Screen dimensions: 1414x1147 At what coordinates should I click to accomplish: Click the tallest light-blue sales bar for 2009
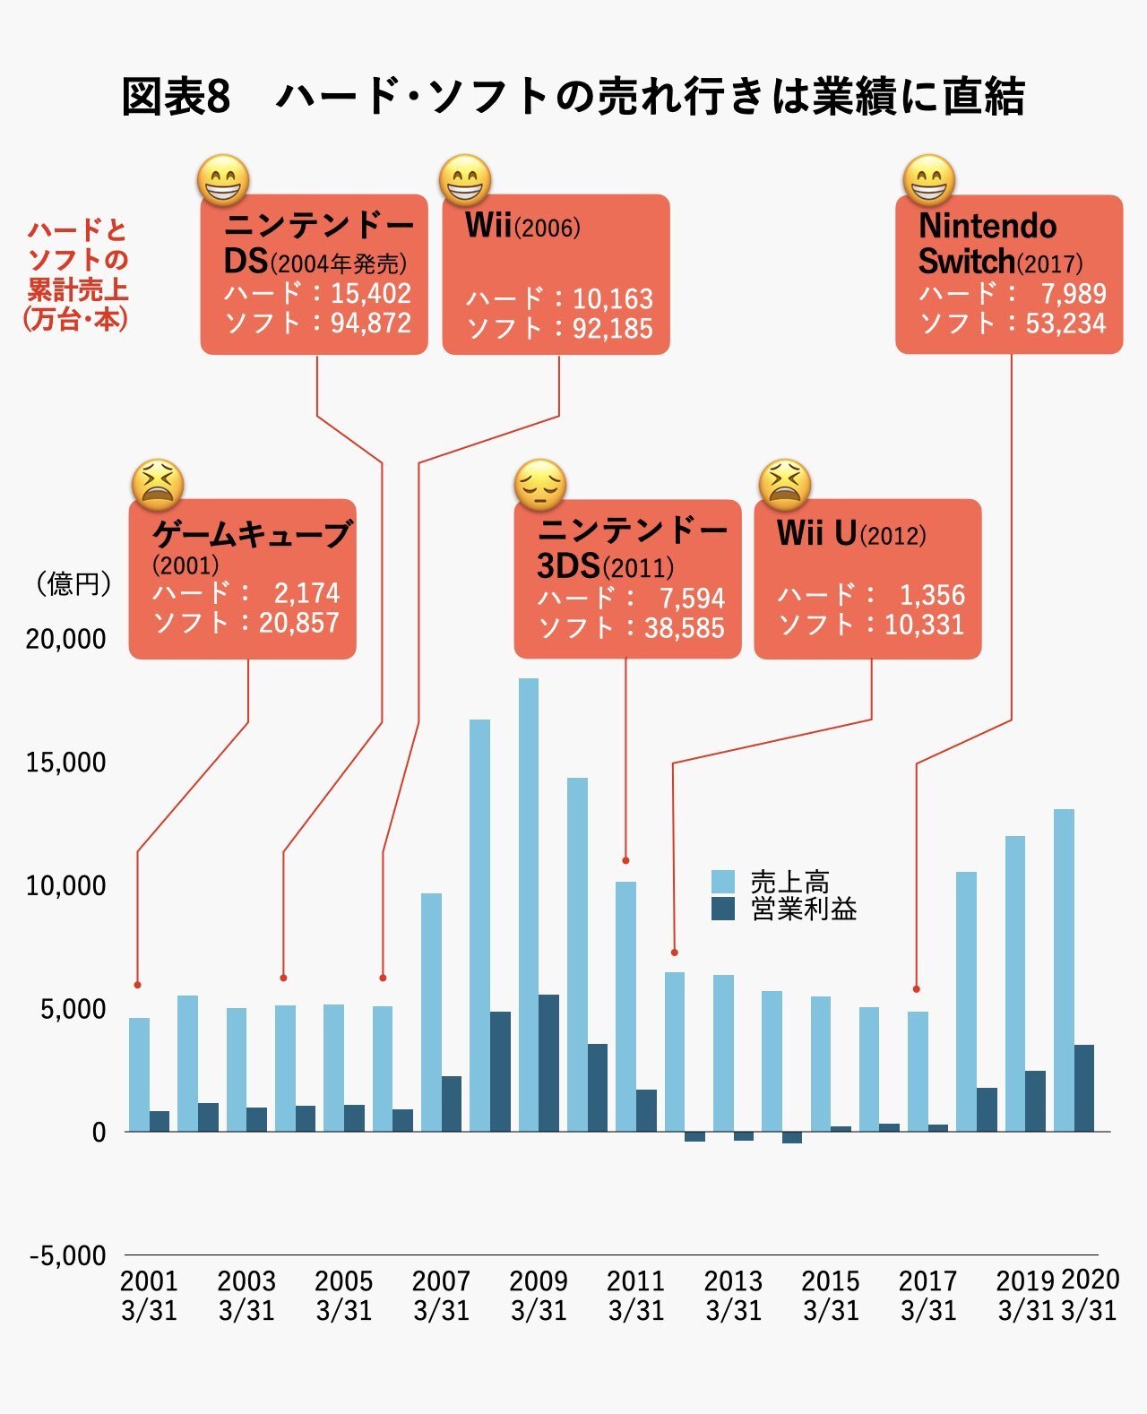click(x=529, y=905)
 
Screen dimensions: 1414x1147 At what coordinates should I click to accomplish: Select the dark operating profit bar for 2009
click(x=548, y=1063)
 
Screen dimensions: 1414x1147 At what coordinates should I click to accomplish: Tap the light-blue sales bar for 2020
click(x=1064, y=970)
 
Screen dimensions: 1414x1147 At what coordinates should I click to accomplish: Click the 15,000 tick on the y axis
click(x=65, y=763)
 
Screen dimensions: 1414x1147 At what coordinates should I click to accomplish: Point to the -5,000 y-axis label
click(x=67, y=1255)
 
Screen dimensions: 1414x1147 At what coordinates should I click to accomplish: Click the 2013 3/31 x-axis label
click(x=733, y=1296)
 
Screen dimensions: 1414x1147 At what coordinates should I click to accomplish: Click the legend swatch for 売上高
click(x=722, y=881)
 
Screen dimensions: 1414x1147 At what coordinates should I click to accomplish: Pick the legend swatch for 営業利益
click(x=722, y=909)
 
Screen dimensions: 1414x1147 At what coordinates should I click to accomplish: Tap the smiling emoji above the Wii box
click(x=465, y=180)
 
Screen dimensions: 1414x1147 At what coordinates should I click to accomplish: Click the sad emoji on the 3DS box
click(x=539, y=486)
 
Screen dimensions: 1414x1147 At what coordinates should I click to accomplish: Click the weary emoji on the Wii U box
click(x=784, y=485)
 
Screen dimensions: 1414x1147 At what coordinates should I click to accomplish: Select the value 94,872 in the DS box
click(x=371, y=323)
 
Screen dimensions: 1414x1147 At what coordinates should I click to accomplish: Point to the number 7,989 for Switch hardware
click(x=1073, y=293)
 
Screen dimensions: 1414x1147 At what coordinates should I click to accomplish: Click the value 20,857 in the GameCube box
click(x=298, y=623)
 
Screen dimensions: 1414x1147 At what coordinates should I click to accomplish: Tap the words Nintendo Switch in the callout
click(x=987, y=243)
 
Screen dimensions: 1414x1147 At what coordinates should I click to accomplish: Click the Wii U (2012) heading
click(x=851, y=534)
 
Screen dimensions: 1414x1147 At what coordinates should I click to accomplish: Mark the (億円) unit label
click(x=73, y=584)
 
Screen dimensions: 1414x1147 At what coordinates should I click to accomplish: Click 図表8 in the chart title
click(x=177, y=97)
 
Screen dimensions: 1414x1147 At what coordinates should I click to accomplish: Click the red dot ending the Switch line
click(x=916, y=989)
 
